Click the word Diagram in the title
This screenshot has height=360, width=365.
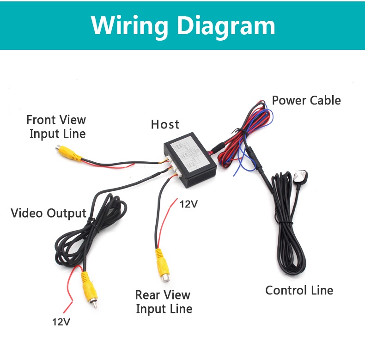pyautogui.click(x=226, y=25)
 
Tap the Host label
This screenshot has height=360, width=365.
pyautogui.click(x=165, y=124)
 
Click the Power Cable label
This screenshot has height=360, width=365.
pyautogui.click(x=306, y=100)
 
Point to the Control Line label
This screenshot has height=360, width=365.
pyautogui.click(x=299, y=290)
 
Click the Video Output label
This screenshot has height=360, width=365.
pyautogui.click(x=49, y=213)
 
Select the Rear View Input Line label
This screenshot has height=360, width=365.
pyautogui.click(x=164, y=302)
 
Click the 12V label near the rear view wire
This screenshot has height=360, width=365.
pyautogui.click(x=189, y=204)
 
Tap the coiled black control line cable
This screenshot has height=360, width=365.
pyautogui.click(x=286, y=231)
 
